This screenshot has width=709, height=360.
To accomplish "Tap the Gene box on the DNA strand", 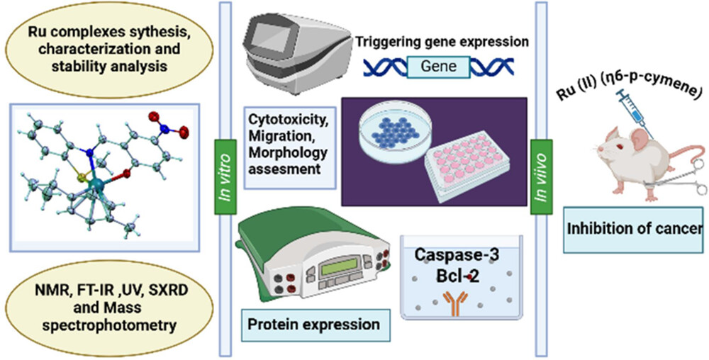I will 437,67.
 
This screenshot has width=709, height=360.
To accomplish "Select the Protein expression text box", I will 314,325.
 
